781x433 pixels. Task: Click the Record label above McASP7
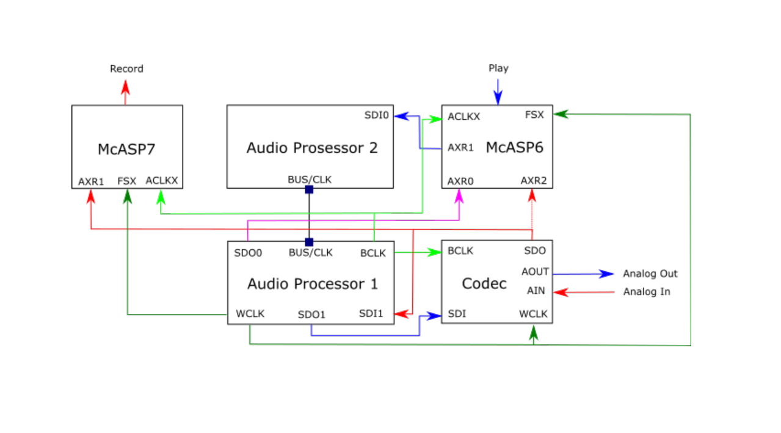tap(126, 69)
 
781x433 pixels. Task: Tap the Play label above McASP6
tap(498, 68)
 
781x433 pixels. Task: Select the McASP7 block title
tap(126, 150)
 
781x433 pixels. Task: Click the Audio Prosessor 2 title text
tap(312, 148)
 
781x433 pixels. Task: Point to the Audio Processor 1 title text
tap(312, 284)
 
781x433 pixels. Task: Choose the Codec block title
tap(484, 283)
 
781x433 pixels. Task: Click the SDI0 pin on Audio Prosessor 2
tap(376, 115)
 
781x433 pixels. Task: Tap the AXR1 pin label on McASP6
tap(460, 148)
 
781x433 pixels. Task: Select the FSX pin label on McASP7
tap(127, 181)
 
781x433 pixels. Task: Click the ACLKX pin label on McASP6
tap(463, 116)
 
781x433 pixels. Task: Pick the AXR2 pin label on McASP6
tap(533, 181)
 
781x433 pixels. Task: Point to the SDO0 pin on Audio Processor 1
tap(248, 253)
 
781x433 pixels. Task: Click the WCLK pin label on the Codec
tap(533, 314)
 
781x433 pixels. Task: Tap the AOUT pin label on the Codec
tap(535, 272)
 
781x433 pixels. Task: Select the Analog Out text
tap(650, 274)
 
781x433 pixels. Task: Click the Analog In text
tap(646, 292)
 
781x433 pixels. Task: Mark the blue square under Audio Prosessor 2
tap(309, 190)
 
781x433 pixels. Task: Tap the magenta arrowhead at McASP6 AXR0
tap(460, 196)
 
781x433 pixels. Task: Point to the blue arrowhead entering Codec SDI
tap(434, 316)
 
